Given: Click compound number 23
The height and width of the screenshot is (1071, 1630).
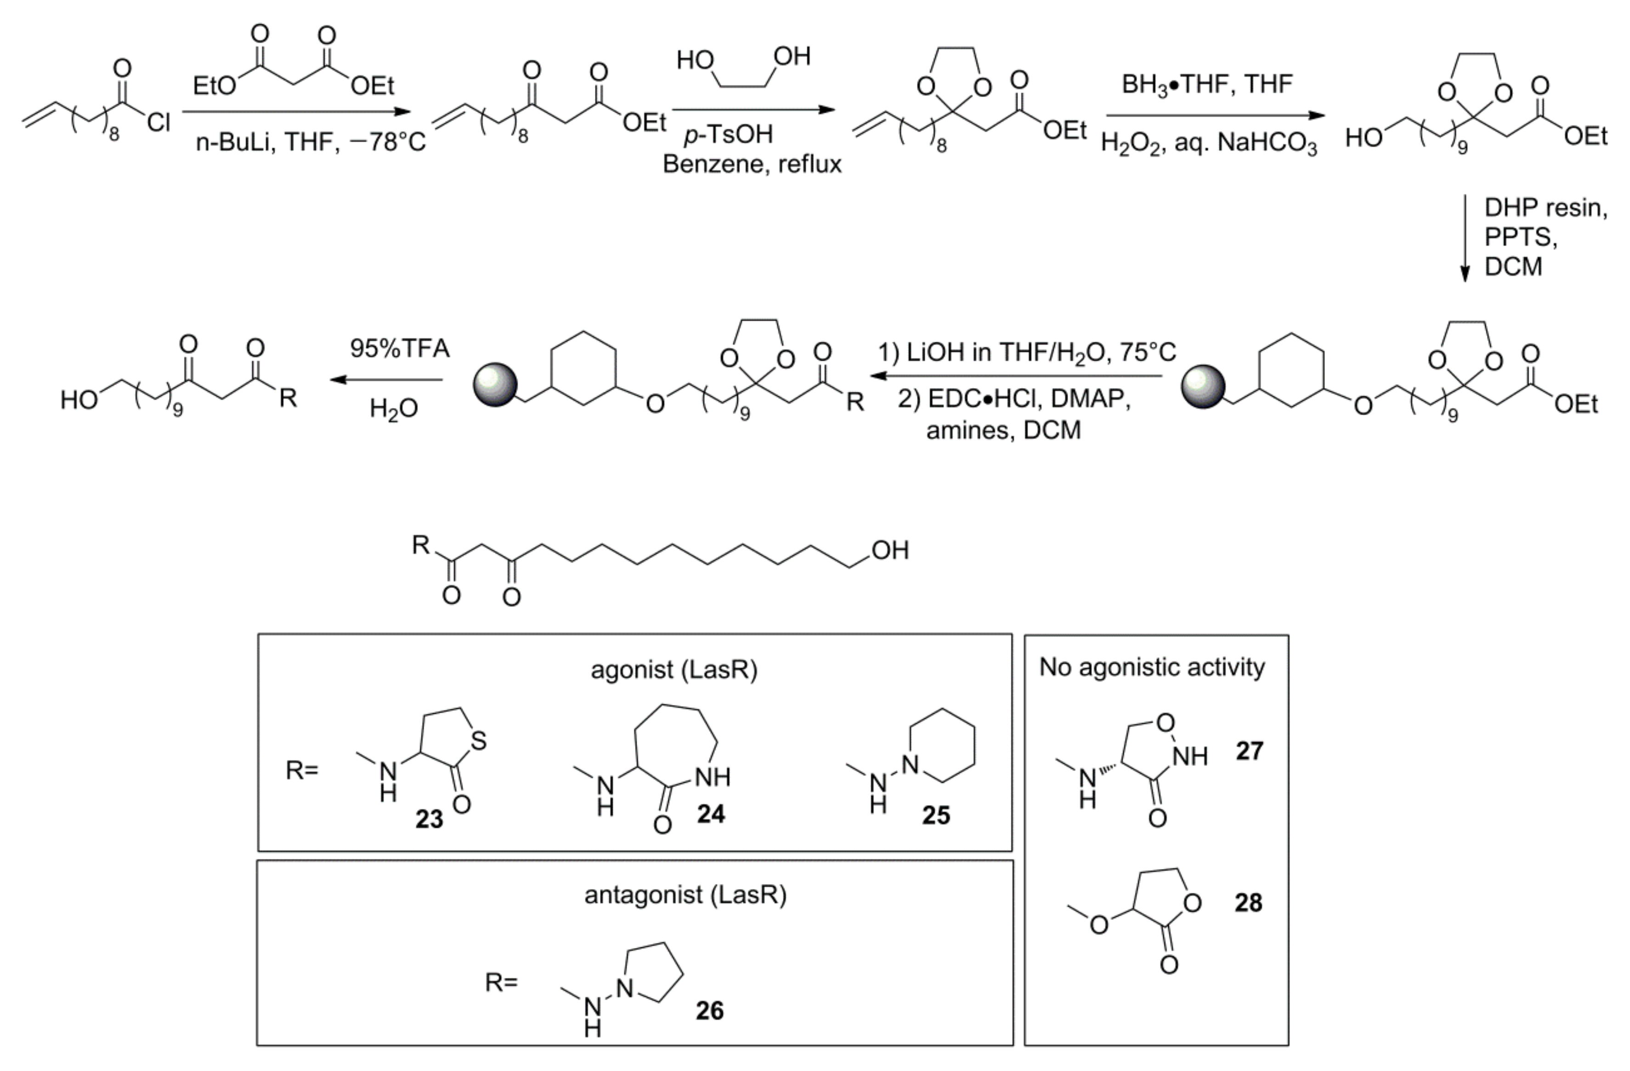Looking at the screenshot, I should point(430,819).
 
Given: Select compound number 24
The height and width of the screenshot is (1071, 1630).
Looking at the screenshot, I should point(711,814).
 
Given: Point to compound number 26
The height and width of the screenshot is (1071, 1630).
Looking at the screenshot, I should point(709,1011).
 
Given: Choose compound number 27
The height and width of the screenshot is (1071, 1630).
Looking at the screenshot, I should point(1249,751).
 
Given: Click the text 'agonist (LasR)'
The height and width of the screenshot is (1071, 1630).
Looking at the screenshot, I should point(674,670).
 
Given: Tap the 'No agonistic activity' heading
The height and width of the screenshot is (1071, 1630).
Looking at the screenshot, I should point(1152,667).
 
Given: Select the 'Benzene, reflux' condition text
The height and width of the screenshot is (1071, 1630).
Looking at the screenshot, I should point(752,164).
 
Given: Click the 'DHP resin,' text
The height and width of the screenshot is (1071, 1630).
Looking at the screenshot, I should point(1545,208).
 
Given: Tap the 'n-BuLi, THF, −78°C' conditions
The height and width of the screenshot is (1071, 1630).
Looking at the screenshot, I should point(310,142).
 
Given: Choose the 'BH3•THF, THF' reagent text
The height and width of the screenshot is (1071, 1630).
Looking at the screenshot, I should point(1207,84).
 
